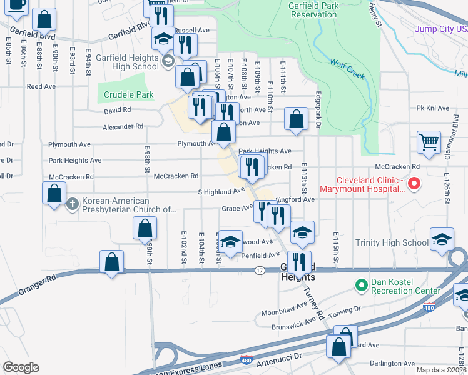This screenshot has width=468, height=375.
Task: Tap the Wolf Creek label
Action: (x=348, y=68)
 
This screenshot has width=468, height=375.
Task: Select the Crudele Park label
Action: (x=125, y=95)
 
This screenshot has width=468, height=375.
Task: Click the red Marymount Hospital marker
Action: (x=414, y=184)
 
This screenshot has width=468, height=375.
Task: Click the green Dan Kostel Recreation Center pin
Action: (x=360, y=286)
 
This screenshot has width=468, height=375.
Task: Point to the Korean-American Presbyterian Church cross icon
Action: (x=73, y=204)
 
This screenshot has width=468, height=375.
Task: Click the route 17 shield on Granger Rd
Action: (x=258, y=271)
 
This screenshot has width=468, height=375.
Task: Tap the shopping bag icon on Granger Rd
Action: (x=111, y=262)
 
